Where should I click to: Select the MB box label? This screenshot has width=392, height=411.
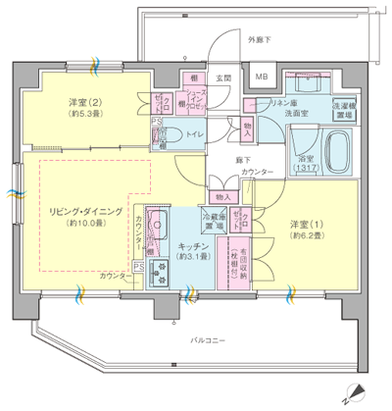261,77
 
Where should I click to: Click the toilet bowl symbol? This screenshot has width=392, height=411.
171,136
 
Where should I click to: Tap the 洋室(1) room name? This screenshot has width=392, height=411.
306,223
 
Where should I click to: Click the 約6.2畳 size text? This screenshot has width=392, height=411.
306,235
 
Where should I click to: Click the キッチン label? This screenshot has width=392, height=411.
191,245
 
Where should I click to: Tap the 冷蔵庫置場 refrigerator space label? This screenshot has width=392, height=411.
214,221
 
